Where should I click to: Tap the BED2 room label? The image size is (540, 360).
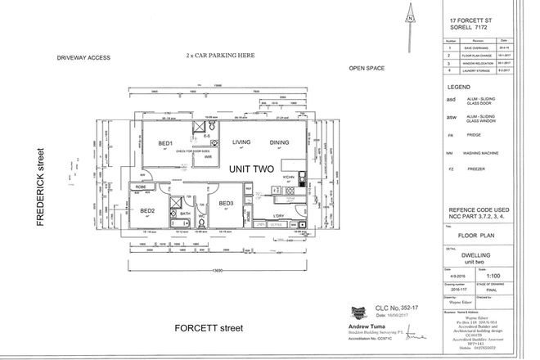pyautogui.click(x=147, y=211)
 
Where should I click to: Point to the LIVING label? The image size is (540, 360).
pyautogui.click(x=241, y=143)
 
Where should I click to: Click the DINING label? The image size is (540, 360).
pyautogui.click(x=280, y=143)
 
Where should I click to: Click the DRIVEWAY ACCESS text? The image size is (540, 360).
pyautogui.click(x=83, y=59)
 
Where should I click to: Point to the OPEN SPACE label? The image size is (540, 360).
pyautogui.click(x=367, y=70)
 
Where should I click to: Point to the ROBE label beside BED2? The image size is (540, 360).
pyautogui.click(x=140, y=187)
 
